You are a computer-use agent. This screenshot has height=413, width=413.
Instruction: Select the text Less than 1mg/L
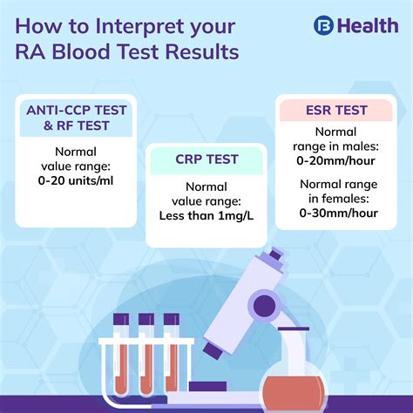[x=207, y=214]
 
